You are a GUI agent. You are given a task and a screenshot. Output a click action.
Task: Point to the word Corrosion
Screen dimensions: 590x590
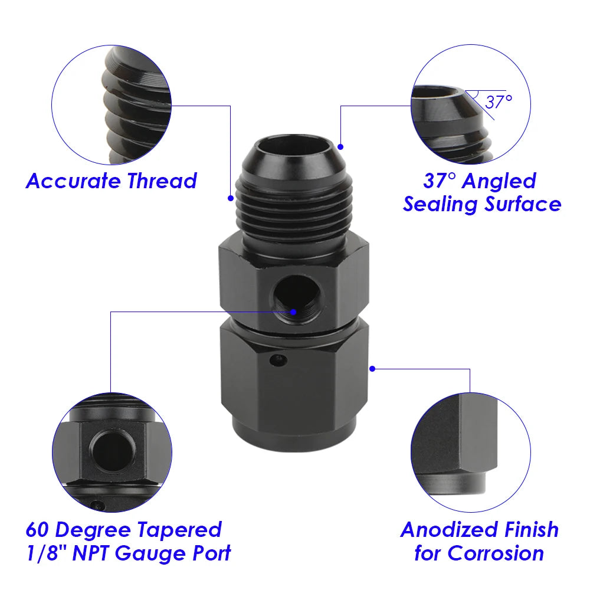point(496,553)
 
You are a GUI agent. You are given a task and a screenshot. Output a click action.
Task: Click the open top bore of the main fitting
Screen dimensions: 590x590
point(293,146)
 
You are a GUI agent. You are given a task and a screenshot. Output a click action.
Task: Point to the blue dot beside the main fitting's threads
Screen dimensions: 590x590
point(231,198)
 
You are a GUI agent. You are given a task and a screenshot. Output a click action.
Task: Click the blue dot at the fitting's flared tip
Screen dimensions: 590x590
point(340,145)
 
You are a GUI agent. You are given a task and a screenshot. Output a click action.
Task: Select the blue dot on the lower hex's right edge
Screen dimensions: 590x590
point(372,369)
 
